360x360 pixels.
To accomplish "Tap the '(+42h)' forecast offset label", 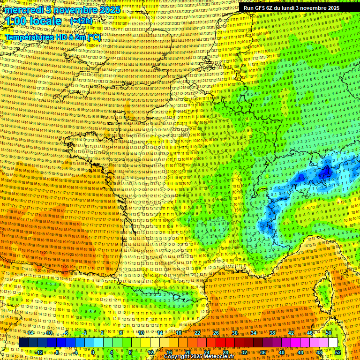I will [x=81, y=21].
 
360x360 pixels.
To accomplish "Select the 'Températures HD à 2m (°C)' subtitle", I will [x=53, y=37].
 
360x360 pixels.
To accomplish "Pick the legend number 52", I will [x=338, y=352].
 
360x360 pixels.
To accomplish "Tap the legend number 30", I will [x=235, y=333].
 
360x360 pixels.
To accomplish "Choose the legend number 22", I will [x=197, y=333].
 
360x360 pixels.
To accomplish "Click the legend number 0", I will [x=93, y=352].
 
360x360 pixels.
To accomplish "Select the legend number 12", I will [x=150, y=352].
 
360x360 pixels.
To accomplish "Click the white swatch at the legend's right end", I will [x=333, y=343].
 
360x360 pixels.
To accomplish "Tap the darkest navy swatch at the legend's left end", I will [x=23, y=343].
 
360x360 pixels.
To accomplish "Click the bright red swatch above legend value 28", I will [x=225, y=343].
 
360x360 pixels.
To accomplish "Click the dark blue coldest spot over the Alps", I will [x=324, y=173].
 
